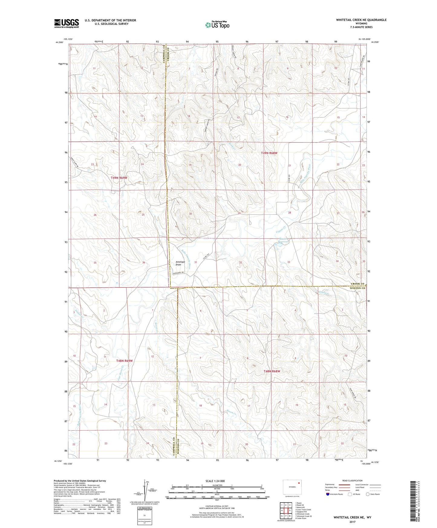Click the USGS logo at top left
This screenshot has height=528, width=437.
pyautogui.click(x=66, y=23)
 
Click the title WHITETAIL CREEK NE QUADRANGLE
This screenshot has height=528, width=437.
pyautogui.click(x=361, y=20)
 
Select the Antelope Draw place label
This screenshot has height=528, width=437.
pyautogui.click(x=180, y=263)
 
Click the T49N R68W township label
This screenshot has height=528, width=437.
pyautogui.click(x=269, y=153)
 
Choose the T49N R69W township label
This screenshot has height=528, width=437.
pyautogui.click(x=119, y=178)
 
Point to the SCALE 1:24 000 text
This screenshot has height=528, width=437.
pyautogui.click(x=215, y=481)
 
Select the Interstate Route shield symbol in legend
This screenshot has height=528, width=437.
pyautogui.click(x=328, y=494)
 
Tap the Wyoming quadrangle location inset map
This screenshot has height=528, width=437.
pyautogui.click(x=292, y=487)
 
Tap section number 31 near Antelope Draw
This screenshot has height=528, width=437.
pyautogui.click(x=196, y=262)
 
